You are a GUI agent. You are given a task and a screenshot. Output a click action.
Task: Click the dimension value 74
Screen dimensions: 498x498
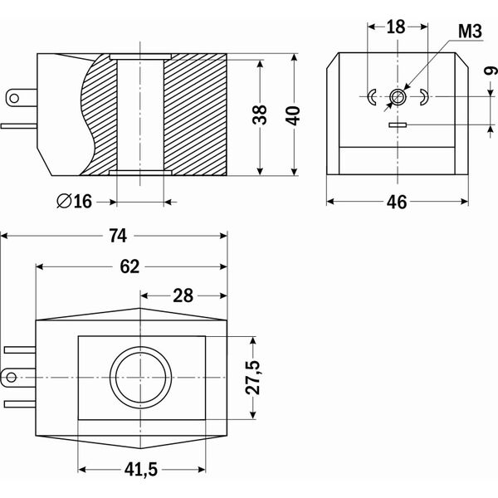tap(118, 236)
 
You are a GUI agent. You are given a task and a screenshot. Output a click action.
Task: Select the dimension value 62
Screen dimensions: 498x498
tap(129, 266)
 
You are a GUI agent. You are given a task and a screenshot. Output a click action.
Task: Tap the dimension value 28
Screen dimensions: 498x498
tap(183, 296)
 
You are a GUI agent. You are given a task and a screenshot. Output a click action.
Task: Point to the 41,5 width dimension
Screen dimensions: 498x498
tap(141, 470)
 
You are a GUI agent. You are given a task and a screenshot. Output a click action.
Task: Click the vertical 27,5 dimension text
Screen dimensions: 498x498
tap(253, 378)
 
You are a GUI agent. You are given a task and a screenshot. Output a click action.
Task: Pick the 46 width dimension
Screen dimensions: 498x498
tap(397, 202)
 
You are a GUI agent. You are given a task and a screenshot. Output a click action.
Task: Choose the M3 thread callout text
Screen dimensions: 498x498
tap(470, 32)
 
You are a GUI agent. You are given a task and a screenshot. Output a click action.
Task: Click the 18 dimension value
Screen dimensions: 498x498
tap(396, 27)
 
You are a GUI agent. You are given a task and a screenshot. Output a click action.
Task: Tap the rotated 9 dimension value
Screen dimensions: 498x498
tap(491, 71)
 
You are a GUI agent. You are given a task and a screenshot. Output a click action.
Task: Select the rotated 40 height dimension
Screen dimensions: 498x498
tap(293, 115)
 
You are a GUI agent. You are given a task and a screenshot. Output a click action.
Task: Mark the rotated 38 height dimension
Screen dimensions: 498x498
tap(260, 115)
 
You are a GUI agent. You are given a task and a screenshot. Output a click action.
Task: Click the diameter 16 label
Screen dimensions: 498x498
tap(75, 202)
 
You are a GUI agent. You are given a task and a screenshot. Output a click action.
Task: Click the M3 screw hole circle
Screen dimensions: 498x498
tap(398, 96)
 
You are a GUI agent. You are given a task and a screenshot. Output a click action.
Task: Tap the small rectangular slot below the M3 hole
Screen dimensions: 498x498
tap(398, 124)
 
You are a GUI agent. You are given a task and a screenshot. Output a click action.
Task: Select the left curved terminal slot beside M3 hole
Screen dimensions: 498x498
tap(371, 97)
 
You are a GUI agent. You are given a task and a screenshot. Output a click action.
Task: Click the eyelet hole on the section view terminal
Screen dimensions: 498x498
tap(14, 98)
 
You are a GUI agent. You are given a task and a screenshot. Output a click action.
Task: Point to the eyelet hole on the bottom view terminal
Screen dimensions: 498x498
tap(11, 378)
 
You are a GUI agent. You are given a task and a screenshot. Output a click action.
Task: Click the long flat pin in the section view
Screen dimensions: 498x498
tap(19, 126)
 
